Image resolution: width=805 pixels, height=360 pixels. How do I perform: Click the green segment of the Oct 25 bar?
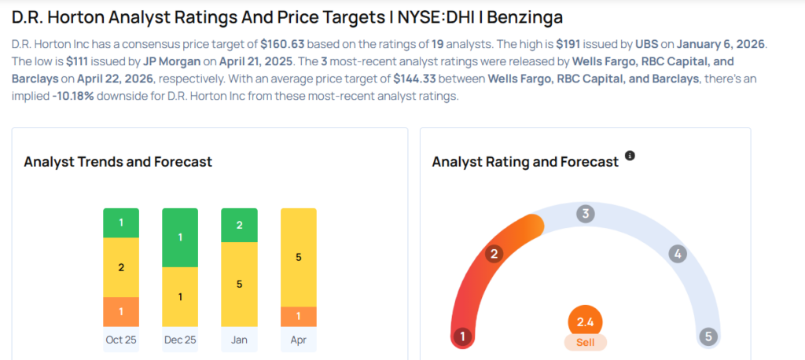point(121,223)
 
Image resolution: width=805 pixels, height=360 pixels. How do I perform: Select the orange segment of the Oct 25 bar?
point(121,312)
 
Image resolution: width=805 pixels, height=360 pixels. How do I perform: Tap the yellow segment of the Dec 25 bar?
point(180,297)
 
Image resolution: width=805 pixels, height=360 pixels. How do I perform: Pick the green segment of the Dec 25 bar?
point(180,237)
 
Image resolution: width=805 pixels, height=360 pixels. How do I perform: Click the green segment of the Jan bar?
point(239,226)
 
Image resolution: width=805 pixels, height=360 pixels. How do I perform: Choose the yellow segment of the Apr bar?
point(298,257)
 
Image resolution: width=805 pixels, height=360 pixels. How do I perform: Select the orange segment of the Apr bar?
point(298,317)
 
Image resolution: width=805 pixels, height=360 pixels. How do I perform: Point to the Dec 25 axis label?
point(180,340)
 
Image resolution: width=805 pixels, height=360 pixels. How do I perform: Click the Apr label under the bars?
point(298,340)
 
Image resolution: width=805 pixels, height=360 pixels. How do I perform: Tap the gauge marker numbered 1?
point(463,337)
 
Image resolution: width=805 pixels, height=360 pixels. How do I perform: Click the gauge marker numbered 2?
point(494,254)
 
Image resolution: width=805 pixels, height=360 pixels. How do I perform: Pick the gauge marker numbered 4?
point(677,254)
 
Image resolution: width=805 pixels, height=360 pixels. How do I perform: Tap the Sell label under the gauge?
point(586,343)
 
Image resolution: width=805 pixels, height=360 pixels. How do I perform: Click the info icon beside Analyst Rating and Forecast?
point(630,156)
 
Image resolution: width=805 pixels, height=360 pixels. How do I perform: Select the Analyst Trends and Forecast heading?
point(118,162)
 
